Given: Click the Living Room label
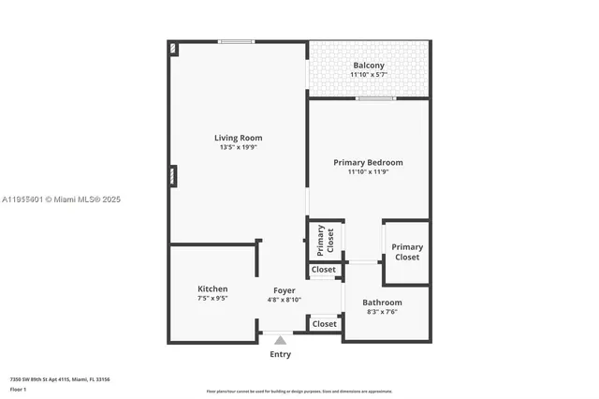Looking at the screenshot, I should click(x=238, y=138).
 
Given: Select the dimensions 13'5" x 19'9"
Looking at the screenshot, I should click(x=238, y=147).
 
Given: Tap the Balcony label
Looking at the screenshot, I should click(x=368, y=66).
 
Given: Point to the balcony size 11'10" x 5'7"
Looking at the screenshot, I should click(x=368, y=75).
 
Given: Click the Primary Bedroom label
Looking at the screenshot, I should click(x=368, y=162).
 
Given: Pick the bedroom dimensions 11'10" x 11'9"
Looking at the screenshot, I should click(x=368, y=171).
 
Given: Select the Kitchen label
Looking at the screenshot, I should click(x=212, y=288).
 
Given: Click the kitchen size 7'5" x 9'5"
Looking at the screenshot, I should click(x=212, y=299).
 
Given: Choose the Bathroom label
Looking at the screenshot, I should click(x=382, y=303).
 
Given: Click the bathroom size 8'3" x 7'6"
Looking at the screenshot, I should click(x=382, y=312).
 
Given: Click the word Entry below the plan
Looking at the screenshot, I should click(x=280, y=354).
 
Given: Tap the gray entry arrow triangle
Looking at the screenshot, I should click(x=280, y=340).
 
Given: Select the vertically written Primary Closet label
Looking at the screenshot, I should click(x=325, y=241).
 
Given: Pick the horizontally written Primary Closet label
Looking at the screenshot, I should click(x=407, y=252).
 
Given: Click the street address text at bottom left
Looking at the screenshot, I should click(x=60, y=379).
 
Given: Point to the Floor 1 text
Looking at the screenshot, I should click(x=18, y=388).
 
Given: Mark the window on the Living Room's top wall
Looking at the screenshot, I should click(x=237, y=41).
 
